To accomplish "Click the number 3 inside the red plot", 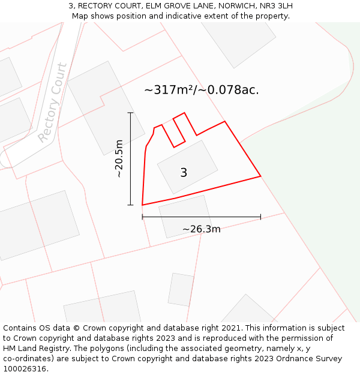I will [184, 173].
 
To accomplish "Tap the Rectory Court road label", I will [53, 102].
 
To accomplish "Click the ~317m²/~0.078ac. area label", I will [202, 90].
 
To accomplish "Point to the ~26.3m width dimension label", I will [201, 229].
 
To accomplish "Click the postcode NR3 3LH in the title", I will [276, 6].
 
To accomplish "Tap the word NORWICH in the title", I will [227, 6].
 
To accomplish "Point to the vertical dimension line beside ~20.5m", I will [130, 158].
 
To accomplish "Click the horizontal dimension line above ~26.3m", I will [201, 217].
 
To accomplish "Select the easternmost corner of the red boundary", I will [260, 176].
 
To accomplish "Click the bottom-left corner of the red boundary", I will [142, 205].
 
